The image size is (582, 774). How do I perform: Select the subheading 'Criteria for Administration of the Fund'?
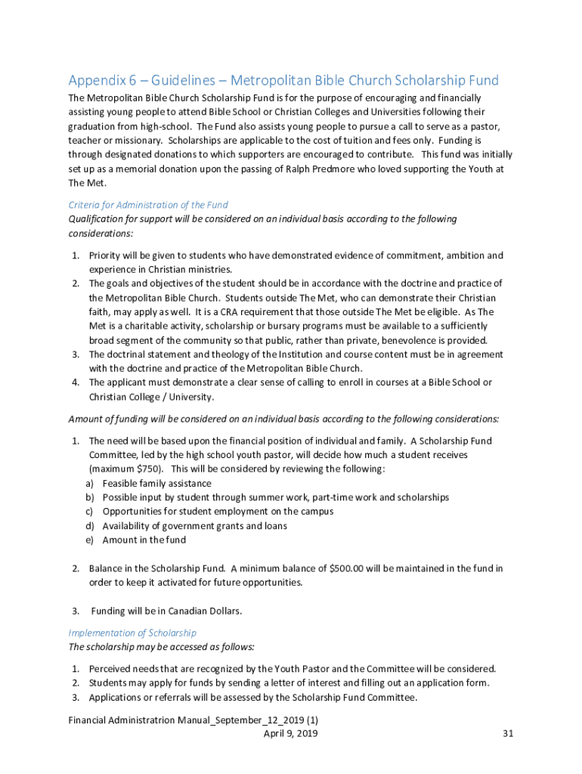(148, 205)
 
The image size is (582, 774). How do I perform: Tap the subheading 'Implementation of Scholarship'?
(132, 633)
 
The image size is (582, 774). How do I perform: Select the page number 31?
(508, 734)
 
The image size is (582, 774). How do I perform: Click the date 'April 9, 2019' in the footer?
(290, 734)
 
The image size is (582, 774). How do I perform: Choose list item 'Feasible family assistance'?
(156, 483)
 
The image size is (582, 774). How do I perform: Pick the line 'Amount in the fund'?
(144, 540)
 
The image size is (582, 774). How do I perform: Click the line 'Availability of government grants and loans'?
(194, 526)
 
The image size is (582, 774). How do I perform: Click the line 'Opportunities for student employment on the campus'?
(218, 512)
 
